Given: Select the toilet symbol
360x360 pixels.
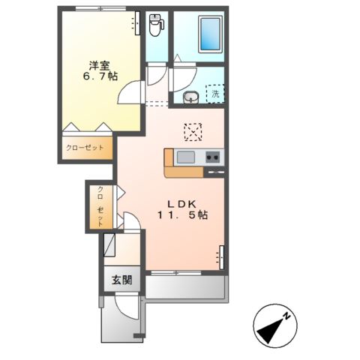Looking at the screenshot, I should (x=156, y=25).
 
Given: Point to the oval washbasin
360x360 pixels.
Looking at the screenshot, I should (x=190, y=96).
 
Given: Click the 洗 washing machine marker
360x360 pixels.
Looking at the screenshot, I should (x=215, y=94).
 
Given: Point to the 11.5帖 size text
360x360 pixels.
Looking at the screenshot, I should (x=182, y=215).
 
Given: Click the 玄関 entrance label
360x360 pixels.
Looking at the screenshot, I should (x=122, y=280).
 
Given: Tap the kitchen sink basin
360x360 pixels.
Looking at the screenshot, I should (x=186, y=157).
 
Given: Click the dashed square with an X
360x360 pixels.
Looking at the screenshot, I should (x=193, y=132).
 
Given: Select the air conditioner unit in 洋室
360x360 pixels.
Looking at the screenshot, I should (x=137, y=25).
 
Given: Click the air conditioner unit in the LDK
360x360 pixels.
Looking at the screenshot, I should (x=221, y=256).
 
